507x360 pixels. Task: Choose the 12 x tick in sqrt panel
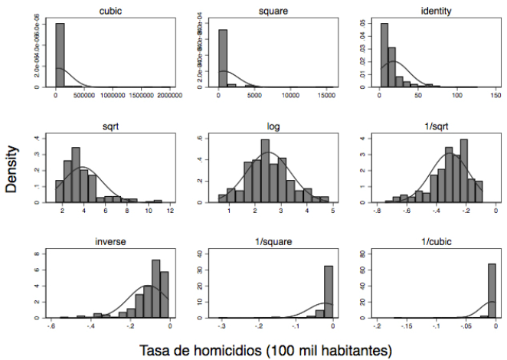click(x=172, y=211)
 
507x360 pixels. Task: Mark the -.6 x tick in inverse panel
click(x=51, y=327)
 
